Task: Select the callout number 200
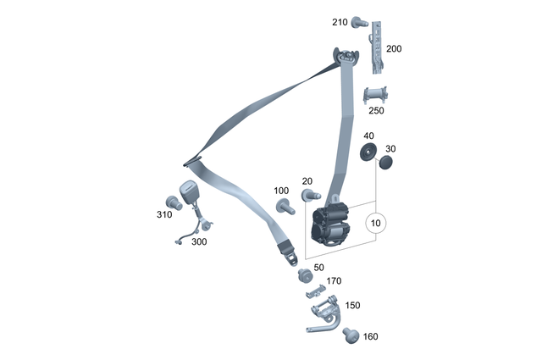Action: [x=394, y=49]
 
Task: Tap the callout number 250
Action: [x=376, y=111]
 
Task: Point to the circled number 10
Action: [x=376, y=224]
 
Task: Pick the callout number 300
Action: [x=198, y=242]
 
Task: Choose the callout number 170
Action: [x=334, y=281]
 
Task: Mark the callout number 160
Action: [x=370, y=336]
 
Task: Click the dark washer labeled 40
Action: [x=369, y=152]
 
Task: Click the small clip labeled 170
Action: [x=316, y=291]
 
